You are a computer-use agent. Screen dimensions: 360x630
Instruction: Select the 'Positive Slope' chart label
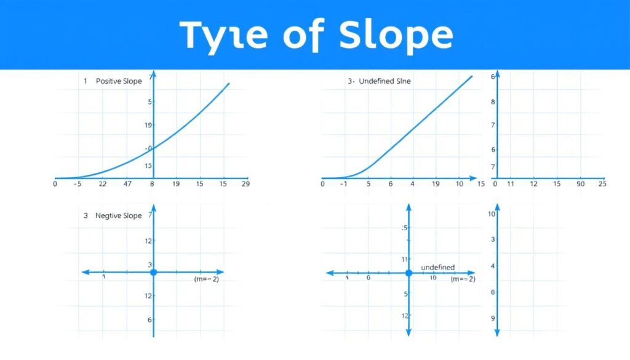(119, 81)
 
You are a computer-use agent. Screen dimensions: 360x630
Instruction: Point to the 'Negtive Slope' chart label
(119, 215)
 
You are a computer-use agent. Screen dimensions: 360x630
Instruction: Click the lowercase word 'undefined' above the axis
(437, 267)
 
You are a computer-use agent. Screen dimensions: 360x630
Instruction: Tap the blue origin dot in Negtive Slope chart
(154, 272)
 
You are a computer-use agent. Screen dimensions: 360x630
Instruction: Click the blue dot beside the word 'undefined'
(409, 272)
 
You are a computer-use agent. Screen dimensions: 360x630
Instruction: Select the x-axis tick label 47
(128, 183)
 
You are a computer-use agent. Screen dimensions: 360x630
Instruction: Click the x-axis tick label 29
(245, 183)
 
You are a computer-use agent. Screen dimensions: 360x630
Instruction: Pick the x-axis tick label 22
(102, 183)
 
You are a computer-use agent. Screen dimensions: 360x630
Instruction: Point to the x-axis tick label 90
(580, 183)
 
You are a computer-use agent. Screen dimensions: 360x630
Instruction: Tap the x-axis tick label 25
(602, 183)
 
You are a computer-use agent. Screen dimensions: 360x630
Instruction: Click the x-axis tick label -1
(345, 183)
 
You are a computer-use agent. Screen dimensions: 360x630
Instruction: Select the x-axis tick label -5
(77, 183)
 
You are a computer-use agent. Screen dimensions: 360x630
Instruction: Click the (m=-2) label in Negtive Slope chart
(206, 279)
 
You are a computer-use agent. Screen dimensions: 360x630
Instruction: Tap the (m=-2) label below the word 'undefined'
(463, 279)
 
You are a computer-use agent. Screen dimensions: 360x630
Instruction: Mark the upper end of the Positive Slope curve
(229, 84)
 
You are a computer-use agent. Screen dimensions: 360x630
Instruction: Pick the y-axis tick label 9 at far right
(492, 319)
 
